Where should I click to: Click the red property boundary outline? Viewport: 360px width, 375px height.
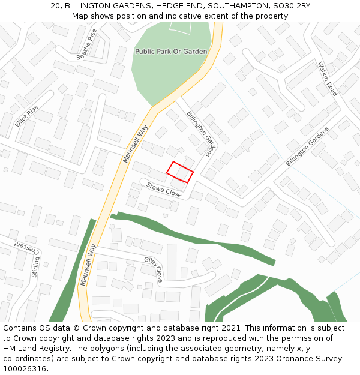point(180,172)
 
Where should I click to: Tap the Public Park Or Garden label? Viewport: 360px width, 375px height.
point(171,52)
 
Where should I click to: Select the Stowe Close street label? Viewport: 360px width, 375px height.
point(164,190)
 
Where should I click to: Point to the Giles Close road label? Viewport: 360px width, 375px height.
point(154,269)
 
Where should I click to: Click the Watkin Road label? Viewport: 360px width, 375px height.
point(328,79)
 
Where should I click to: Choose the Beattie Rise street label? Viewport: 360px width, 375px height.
point(86,44)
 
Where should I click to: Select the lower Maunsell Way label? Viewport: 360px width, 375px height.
point(88,264)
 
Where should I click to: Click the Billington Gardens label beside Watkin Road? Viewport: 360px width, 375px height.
point(307,147)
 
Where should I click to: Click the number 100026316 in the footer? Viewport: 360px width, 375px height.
point(25,368)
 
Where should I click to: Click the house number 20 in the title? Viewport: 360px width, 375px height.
point(56,6)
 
